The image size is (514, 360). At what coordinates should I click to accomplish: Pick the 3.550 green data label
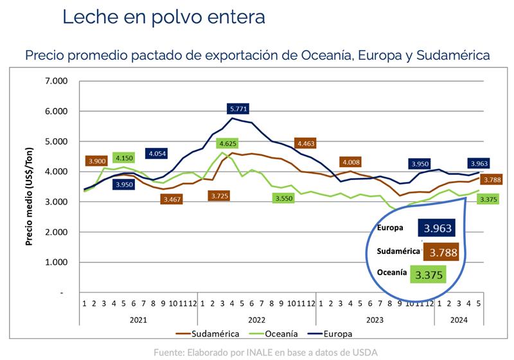tap(283, 199)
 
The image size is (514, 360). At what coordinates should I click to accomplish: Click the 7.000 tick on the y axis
tap(56, 81)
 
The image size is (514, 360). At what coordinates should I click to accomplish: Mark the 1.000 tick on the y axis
tap(56, 262)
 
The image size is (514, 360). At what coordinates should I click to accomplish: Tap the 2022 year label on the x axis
tap(256, 319)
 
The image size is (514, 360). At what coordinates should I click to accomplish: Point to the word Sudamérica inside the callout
tap(397, 251)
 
